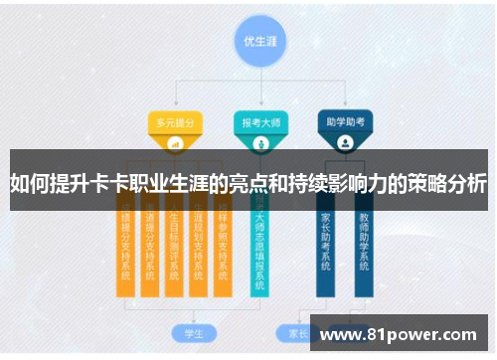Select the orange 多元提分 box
(175, 124)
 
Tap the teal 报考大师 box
(261, 124)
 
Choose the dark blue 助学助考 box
(345, 124)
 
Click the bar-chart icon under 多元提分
(175, 143)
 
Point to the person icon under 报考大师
(261, 143)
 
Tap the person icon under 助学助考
(345, 143)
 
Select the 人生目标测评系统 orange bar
(174, 245)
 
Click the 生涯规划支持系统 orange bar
(199, 245)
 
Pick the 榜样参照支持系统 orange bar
(224, 245)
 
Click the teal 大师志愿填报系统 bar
(260, 245)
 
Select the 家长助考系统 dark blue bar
(326, 245)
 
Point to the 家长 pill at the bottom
(297, 332)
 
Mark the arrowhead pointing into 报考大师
(261, 107)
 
